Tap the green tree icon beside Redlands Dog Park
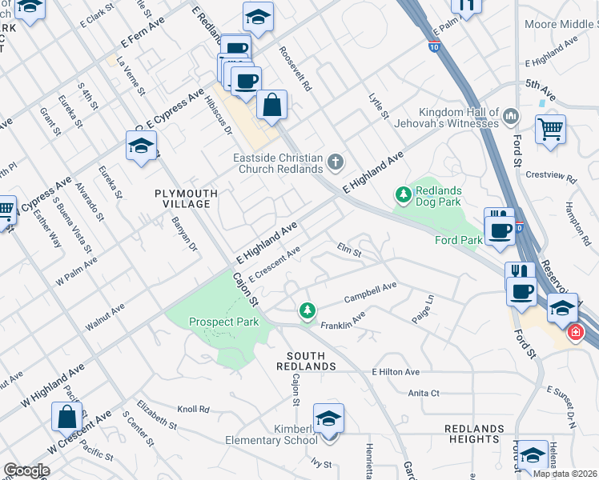click(404, 194)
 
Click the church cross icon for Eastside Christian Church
click(335, 163)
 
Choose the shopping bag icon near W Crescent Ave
click(67, 416)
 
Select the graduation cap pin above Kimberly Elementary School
click(328, 418)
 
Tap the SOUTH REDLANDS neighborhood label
click(306, 361)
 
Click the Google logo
click(26, 470)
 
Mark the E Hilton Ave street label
click(396, 372)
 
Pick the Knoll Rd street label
click(193, 409)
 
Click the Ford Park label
click(458, 239)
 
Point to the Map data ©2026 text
click(564, 474)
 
